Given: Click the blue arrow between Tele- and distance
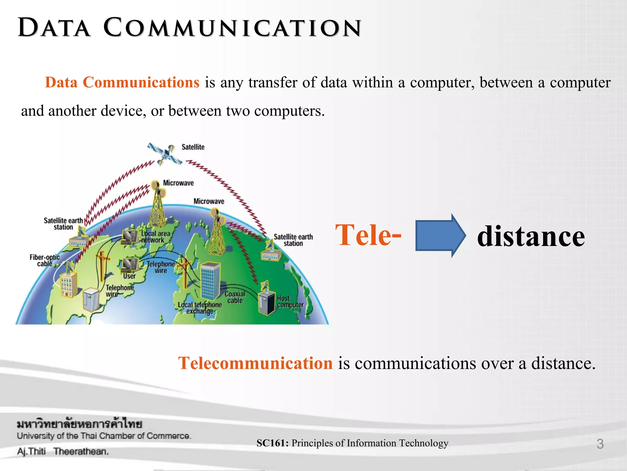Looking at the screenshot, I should [440, 235].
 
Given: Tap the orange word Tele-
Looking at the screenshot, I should [368, 235].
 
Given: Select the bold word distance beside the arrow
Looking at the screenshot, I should [531, 236].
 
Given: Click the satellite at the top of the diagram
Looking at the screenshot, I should [165, 153].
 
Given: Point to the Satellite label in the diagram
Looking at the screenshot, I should [193, 147].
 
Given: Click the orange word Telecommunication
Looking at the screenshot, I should [255, 363].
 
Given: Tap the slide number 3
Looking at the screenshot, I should [600, 444].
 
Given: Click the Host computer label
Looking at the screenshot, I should [290, 302].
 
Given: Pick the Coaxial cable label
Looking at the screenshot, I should [235, 297].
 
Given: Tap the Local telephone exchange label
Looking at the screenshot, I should [200, 308].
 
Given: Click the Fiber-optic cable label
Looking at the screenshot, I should [45, 260].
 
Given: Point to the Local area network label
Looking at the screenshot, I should [156, 237].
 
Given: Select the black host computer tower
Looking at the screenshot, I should [266, 303].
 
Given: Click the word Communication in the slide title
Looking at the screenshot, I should [233, 28].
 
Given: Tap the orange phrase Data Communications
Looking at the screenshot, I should [122, 82].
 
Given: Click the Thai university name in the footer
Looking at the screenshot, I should [79, 424].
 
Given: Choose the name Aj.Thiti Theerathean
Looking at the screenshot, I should [63, 451].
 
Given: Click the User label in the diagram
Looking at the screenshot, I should [130, 276].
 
